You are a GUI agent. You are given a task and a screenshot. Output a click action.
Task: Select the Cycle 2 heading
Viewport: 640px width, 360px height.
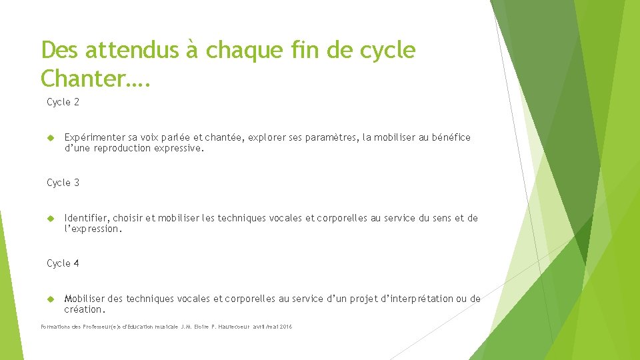pyautogui.click(x=63, y=102)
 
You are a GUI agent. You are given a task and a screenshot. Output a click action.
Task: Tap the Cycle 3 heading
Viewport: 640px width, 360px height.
pyautogui.click(x=63, y=183)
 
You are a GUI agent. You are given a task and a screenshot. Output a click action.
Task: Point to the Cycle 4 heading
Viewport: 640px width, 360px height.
pyautogui.click(x=63, y=263)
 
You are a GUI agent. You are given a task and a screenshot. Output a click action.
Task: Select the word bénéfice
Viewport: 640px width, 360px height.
pyautogui.click(x=451, y=137)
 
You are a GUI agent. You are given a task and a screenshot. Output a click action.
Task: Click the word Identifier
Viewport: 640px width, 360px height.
pyautogui.click(x=86, y=218)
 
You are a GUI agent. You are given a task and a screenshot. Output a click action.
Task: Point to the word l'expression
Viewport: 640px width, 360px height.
pyautogui.click(x=93, y=229)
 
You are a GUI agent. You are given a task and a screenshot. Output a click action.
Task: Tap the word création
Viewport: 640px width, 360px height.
pyautogui.click(x=84, y=309)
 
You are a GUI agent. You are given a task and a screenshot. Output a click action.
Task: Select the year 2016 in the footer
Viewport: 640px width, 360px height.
pyautogui.click(x=286, y=327)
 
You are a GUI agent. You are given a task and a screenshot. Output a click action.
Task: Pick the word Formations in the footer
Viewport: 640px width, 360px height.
pyautogui.click(x=55, y=327)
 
